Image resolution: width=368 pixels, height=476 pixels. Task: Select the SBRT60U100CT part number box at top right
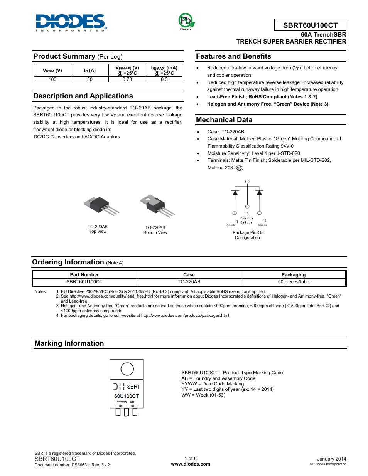[310, 25]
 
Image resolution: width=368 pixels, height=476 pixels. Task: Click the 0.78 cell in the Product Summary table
[127, 79]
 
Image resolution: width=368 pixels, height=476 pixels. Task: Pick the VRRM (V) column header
[52, 71]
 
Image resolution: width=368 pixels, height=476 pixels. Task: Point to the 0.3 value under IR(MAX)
[164, 79]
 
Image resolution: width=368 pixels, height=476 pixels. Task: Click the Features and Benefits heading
[233, 56]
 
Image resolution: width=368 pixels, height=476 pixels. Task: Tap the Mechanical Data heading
[224, 120]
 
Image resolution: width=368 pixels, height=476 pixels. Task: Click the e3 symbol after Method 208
[239, 168]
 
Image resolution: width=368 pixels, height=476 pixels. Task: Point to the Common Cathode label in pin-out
[246, 220]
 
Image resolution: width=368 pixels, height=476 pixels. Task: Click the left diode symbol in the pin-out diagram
[235, 192]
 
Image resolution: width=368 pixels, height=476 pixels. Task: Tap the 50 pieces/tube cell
[293, 282]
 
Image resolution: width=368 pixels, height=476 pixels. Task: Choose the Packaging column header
[293, 275]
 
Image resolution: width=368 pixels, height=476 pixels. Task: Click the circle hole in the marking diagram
[127, 369]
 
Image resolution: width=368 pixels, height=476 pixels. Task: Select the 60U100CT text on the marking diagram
[127, 396]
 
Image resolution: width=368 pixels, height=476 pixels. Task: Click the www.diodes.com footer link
[191, 464]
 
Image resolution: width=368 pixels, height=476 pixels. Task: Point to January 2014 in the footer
[331, 459]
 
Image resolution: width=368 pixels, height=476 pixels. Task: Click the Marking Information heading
[69, 343]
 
